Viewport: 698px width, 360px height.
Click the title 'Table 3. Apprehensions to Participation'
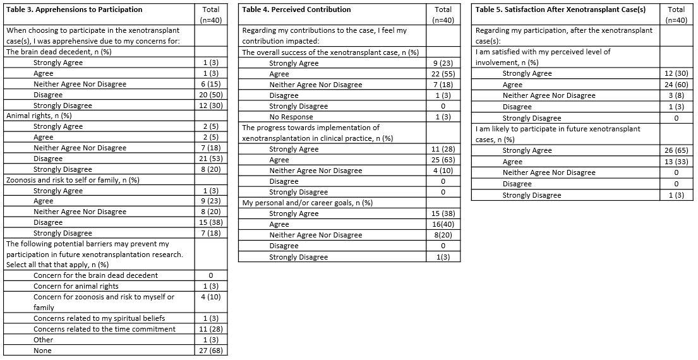coord(75,9)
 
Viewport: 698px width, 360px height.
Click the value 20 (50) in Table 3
coord(210,95)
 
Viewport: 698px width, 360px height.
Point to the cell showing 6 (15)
coord(210,84)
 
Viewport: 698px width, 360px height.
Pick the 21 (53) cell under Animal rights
coord(210,159)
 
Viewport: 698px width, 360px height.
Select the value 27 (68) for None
coord(210,351)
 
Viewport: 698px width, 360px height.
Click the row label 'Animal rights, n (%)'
coord(39,116)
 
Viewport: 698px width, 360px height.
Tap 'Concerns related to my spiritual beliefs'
coord(99,318)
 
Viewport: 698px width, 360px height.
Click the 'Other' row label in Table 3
coord(44,340)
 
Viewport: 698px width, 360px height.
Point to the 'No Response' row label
coord(291,117)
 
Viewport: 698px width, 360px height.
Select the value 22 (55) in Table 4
coord(443,74)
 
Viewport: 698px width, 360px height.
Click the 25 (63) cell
coord(443,160)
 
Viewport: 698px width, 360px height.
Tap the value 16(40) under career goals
coord(443,224)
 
